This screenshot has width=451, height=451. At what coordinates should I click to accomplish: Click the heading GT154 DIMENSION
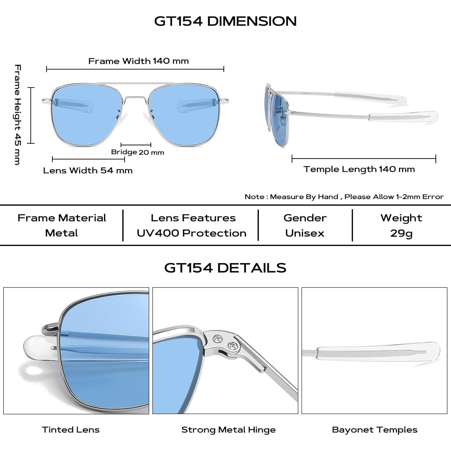coord(225,21)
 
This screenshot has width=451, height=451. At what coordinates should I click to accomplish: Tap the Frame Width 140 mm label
coord(139,61)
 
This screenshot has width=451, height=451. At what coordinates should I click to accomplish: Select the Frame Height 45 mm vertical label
coord(18,114)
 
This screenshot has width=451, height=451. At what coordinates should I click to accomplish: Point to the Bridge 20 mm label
coord(137,152)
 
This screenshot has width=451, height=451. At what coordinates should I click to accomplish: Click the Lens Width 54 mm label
coord(88,170)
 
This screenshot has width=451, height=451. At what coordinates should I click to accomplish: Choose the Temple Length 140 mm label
coord(359,169)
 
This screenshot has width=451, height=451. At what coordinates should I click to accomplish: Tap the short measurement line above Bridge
coord(136,145)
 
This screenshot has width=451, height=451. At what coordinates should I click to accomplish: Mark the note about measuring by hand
coord(344,197)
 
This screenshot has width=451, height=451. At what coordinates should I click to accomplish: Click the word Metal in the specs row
coord(61,233)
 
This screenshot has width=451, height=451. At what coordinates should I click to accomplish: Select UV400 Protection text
coord(192,233)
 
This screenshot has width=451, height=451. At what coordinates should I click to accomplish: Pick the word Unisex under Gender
coord(305,233)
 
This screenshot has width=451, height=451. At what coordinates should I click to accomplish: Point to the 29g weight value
coord(401,233)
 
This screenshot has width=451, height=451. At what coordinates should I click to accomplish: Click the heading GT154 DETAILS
coord(225,268)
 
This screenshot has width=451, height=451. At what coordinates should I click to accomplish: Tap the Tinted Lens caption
coord(71,430)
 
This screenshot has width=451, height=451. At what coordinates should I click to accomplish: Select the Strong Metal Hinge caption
coord(229,430)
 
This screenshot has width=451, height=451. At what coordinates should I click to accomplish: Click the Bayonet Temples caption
coord(375,430)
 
